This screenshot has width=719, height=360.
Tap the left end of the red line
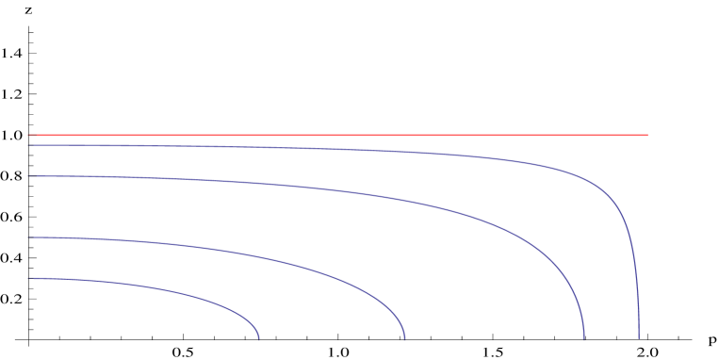pos(29,135)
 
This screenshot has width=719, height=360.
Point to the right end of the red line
pos(647,135)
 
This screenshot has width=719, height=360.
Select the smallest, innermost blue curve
pos(141,287)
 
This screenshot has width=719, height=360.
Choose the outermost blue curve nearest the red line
pos(377,150)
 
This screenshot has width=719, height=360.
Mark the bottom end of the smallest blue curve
pos(258,338)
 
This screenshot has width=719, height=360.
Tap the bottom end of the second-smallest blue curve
pos(404,338)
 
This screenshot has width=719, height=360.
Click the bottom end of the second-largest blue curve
pos(583,338)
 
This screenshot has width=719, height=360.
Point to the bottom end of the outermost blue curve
pos(639,338)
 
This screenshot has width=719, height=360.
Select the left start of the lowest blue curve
pos(29,278)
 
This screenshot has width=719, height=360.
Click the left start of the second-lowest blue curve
pos(29,237)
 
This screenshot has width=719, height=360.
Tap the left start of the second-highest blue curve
pos(29,176)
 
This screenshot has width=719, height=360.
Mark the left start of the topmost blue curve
pos(29,145)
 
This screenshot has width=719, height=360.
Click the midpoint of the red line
pos(338,135)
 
